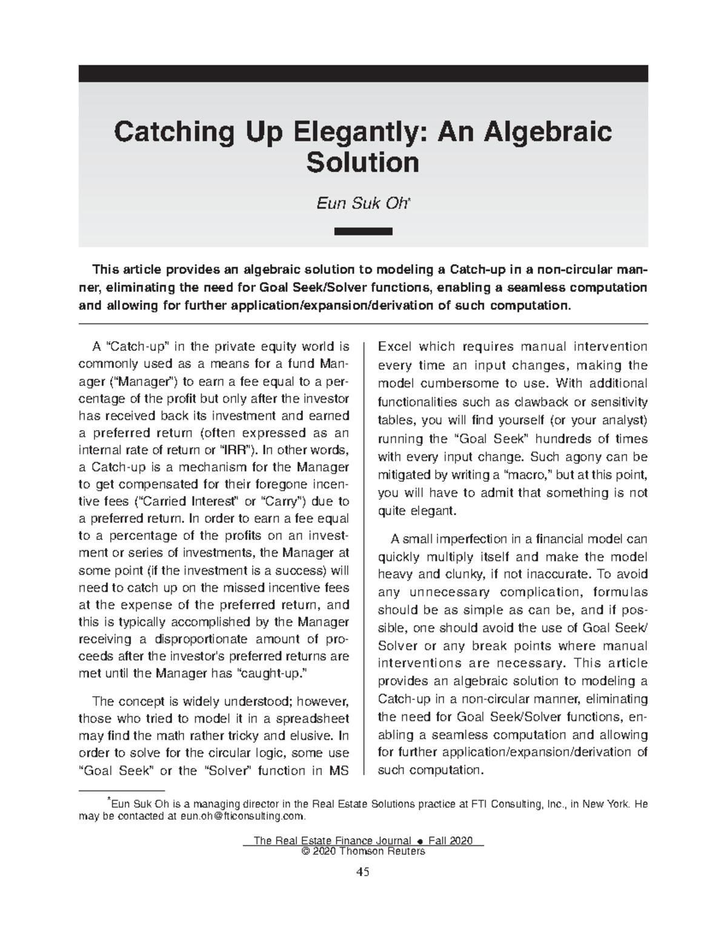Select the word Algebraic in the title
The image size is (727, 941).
click(549, 131)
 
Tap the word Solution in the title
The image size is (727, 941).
click(363, 162)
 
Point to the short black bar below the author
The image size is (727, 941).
click(363, 231)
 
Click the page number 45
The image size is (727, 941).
click(363, 872)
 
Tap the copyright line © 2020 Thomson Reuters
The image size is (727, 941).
click(363, 851)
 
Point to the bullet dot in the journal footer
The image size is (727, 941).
click(419, 841)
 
